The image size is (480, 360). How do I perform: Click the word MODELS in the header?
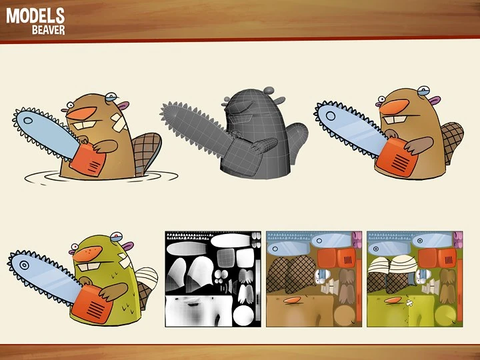click(35, 16)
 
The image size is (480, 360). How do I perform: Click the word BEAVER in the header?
click(49, 30)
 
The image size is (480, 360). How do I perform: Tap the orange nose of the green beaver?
click(87, 253)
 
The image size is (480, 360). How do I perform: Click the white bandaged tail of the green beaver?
click(147, 277)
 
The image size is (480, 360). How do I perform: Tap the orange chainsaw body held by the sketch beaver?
click(88, 160)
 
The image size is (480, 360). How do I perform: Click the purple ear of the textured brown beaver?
click(434, 100)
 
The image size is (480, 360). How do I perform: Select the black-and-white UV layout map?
click(213, 279)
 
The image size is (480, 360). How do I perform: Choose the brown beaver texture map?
click(314, 279)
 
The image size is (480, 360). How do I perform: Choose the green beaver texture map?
click(415, 279)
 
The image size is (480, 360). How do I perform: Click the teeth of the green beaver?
click(89, 266)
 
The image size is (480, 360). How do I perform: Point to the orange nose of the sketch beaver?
click(81, 113)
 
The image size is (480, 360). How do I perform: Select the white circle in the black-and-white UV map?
click(244, 315)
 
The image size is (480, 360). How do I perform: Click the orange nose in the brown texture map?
click(292, 300)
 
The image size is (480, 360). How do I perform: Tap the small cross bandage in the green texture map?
click(409, 303)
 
